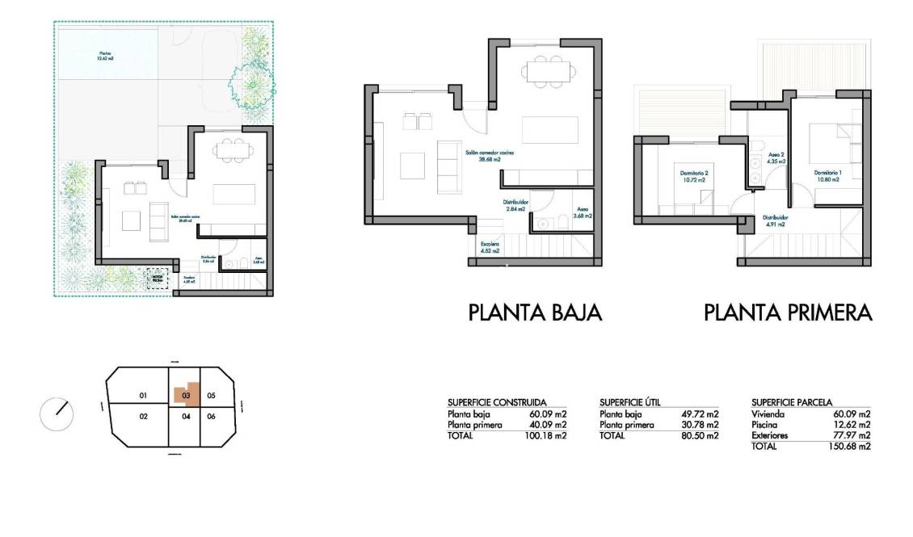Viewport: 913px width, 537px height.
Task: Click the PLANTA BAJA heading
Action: coord(536,313)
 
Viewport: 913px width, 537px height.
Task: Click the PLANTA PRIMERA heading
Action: coord(788,313)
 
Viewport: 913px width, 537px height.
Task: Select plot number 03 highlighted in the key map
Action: coord(187,395)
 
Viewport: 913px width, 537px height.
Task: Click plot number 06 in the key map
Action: coord(211,417)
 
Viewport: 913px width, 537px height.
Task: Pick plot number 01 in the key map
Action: coord(142,396)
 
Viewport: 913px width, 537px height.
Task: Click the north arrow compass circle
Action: coord(57,414)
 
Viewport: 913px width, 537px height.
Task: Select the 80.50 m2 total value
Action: coord(701,436)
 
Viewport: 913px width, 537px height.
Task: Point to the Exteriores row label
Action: coord(771,435)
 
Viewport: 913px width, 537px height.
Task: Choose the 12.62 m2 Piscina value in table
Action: coord(853,425)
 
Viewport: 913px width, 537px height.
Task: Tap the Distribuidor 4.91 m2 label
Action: coord(776,220)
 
